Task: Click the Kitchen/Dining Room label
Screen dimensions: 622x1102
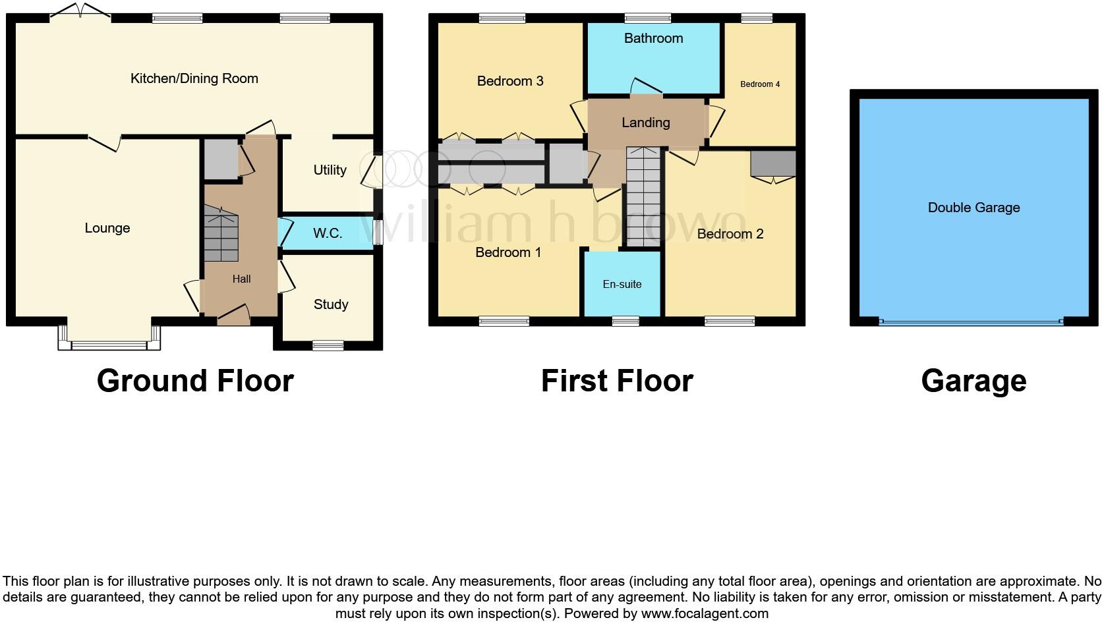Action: click(194, 78)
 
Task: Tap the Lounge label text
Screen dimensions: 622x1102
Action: click(107, 228)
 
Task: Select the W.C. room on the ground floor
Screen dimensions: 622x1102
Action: click(327, 233)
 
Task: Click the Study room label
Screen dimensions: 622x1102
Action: click(330, 304)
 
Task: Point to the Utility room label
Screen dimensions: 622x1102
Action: click(330, 170)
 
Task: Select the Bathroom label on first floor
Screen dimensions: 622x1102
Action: click(653, 38)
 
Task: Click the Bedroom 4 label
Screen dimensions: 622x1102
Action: click(759, 84)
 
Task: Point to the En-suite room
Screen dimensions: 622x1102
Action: click(622, 285)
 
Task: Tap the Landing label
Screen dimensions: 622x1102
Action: click(645, 123)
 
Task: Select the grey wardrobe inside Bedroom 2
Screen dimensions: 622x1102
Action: click(773, 163)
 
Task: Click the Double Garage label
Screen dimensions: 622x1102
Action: click(973, 208)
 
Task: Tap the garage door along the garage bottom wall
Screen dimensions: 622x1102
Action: click(971, 322)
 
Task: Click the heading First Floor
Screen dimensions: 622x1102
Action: click(616, 381)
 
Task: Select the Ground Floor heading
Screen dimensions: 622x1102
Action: click(195, 381)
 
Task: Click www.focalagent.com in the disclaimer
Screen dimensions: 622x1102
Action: click(705, 613)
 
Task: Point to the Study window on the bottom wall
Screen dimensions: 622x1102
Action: click(328, 345)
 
